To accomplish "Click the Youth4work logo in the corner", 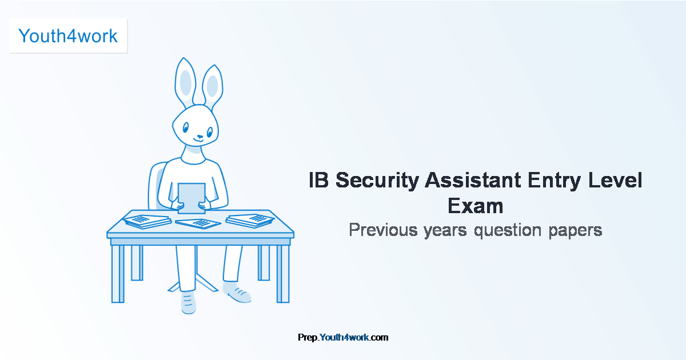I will [68, 36].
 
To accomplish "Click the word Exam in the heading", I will [475, 205].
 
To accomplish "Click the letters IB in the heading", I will [319, 181].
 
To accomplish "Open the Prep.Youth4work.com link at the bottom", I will [343, 338].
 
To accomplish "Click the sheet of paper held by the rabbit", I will [192, 198].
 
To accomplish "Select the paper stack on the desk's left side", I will [147, 221].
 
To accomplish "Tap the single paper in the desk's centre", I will [198, 223].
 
